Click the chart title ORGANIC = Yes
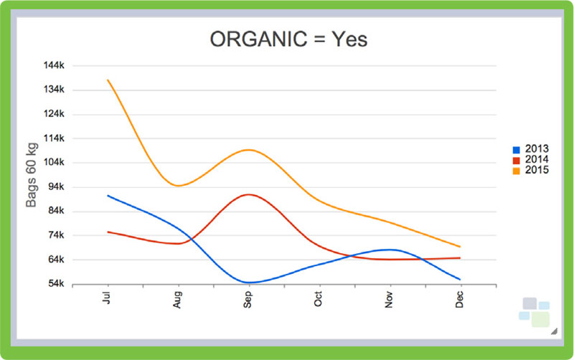(x=288, y=39)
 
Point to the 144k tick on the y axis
(x=55, y=65)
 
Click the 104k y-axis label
(x=55, y=162)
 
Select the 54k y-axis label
(x=56, y=284)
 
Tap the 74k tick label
(x=56, y=235)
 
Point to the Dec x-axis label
(x=460, y=298)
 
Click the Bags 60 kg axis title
(x=32, y=175)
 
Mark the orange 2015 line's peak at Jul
(x=108, y=80)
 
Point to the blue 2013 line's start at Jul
(x=108, y=195)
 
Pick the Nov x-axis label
(x=390, y=298)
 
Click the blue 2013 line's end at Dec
(x=460, y=279)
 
